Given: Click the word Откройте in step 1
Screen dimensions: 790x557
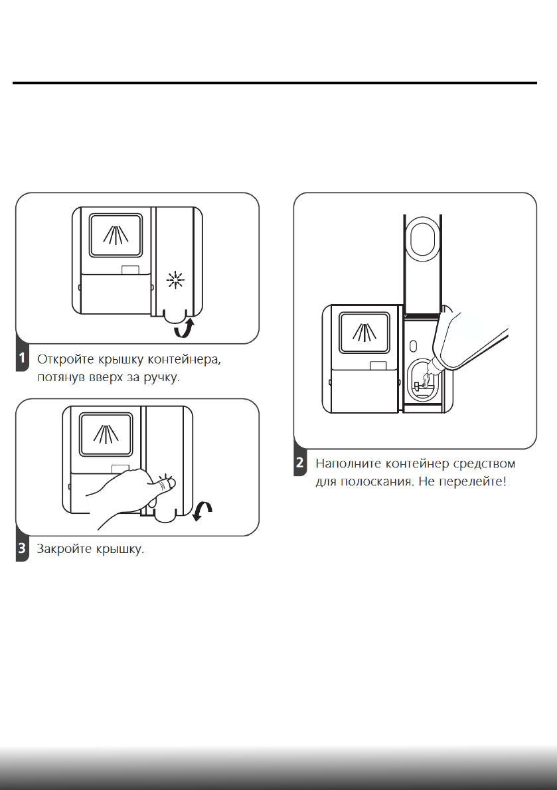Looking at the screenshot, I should pos(64,360).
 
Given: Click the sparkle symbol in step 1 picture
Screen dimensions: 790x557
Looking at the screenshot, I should pos(175,281).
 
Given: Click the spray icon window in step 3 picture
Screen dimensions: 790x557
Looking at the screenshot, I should pos(106,435).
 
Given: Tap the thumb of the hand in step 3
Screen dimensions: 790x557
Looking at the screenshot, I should pos(166,489).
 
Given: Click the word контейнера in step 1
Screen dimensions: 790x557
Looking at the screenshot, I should pos(187,360).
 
